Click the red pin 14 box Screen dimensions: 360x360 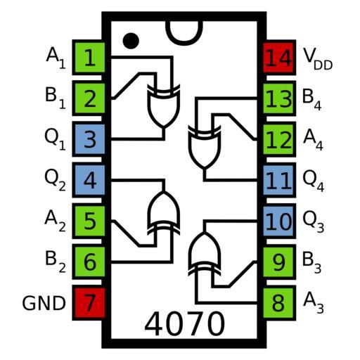click(x=279, y=58)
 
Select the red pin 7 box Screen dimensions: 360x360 click(x=89, y=303)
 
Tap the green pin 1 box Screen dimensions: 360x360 click(x=89, y=58)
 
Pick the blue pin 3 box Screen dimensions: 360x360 click(x=89, y=139)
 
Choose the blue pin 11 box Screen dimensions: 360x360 click(x=279, y=180)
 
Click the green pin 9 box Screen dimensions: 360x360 click(x=279, y=262)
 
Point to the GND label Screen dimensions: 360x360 click(x=44, y=303)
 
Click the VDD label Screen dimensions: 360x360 click(x=318, y=58)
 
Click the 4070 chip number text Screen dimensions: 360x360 click(x=185, y=323)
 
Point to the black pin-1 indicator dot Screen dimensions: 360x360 click(x=131, y=41)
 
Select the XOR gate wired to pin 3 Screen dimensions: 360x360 click(x=164, y=106)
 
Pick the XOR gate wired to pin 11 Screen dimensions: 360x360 click(x=205, y=147)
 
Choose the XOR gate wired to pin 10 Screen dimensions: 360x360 click(x=205, y=254)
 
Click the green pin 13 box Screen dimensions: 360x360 click(x=279, y=98)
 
